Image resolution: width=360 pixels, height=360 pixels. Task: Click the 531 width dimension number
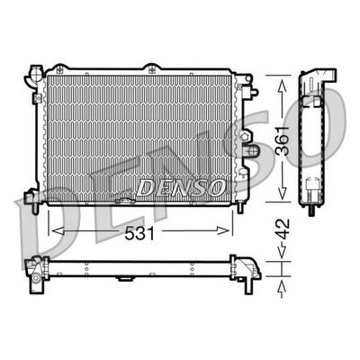[x=139, y=233]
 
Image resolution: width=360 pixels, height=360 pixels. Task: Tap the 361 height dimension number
[x=283, y=140]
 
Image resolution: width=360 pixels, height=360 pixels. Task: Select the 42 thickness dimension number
[x=283, y=229]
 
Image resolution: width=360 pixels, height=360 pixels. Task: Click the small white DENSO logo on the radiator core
[x=181, y=188]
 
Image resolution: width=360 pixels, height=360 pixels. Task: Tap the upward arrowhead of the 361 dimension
[x=282, y=86]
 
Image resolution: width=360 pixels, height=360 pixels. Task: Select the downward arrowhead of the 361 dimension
[x=282, y=193]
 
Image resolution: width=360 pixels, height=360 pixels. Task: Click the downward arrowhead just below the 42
[x=282, y=252]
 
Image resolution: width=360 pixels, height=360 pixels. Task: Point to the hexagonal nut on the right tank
[x=245, y=137]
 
